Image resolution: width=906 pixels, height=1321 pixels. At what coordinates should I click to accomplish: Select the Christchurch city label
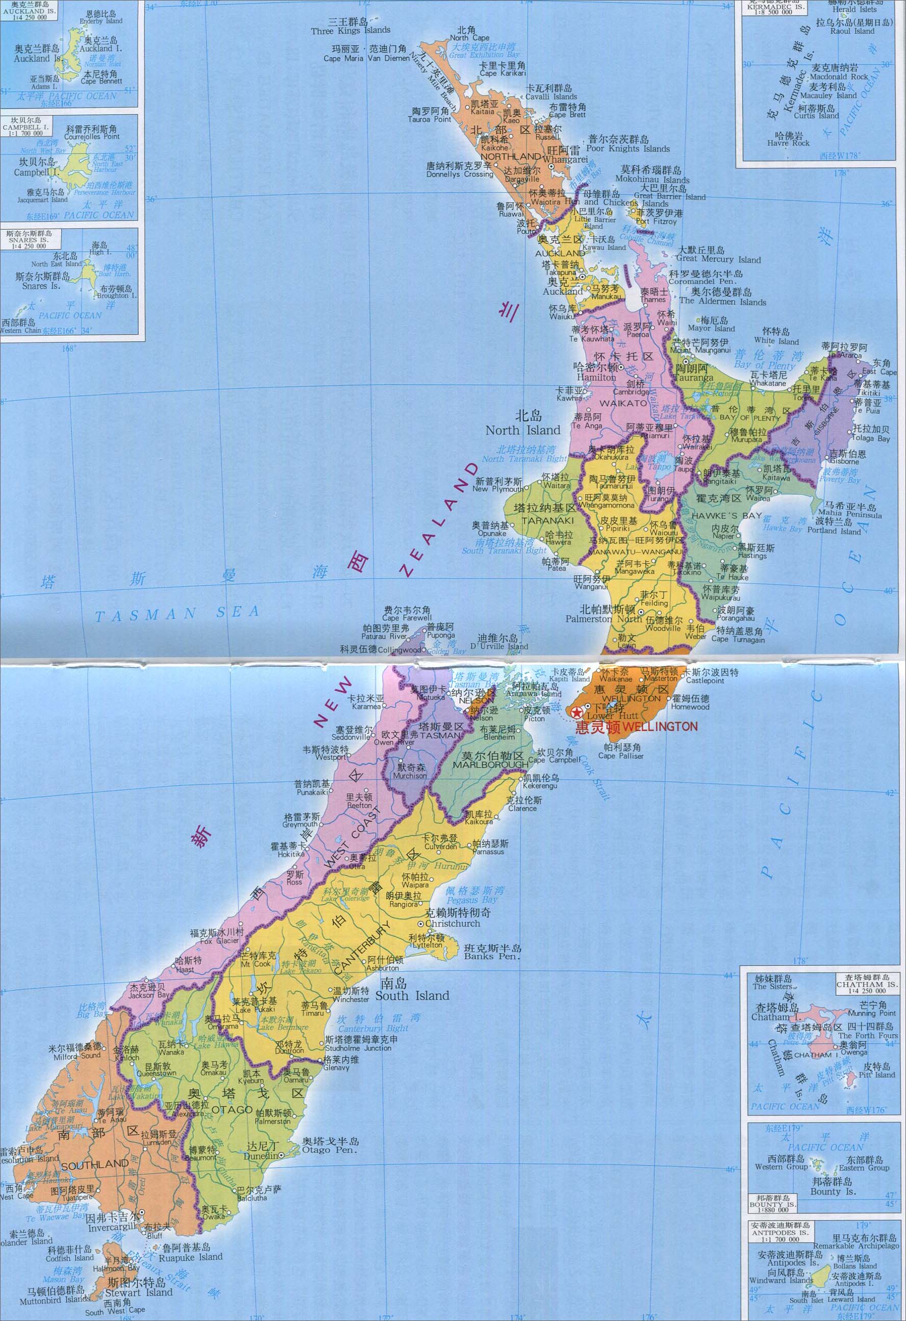[452, 924]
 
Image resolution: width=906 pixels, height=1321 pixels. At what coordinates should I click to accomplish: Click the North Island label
[523, 430]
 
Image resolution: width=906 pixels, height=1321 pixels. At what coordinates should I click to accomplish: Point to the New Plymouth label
[498, 488]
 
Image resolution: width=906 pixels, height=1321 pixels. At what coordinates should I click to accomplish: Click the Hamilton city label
[596, 377]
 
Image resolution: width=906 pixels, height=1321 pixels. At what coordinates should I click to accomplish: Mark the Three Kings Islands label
[350, 31]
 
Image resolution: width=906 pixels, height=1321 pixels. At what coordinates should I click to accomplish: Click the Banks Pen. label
[492, 956]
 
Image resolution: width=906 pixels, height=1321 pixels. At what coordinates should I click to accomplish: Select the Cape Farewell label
[407, 618]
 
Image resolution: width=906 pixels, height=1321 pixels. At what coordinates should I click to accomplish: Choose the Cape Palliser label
[621, 756]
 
